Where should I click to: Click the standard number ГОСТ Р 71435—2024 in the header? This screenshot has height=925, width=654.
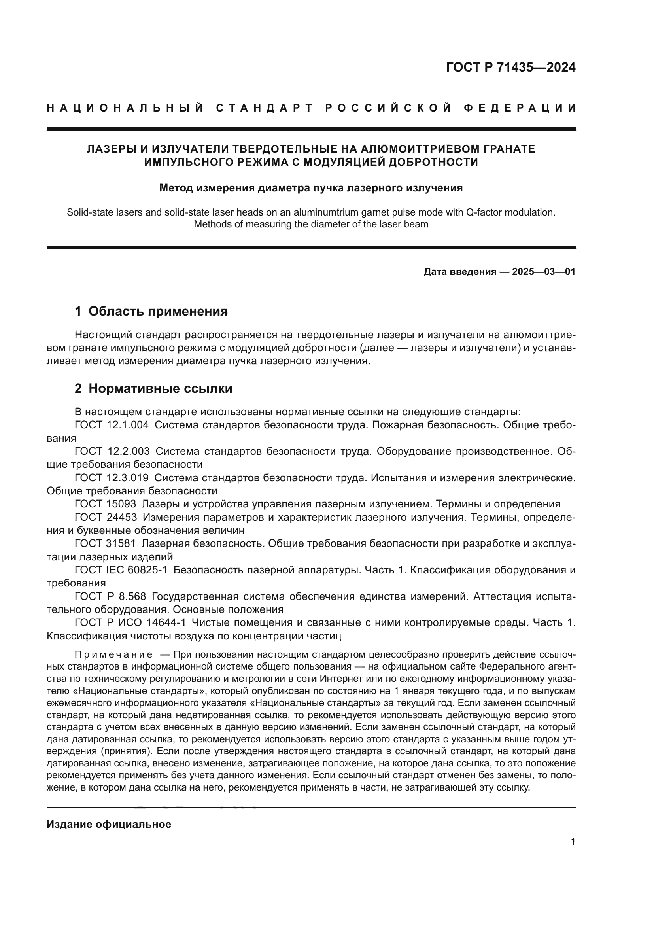(510, 67)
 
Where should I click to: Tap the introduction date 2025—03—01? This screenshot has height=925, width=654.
(544, 272)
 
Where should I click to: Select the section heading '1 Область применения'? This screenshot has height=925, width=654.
(151, 311)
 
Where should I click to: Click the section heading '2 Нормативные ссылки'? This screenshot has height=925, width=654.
(153, 388)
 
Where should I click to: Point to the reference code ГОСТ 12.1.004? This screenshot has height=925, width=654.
(112, 425)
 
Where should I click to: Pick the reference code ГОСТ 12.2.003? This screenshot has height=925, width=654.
(112, 451)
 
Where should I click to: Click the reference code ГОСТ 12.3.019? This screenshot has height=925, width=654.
(112, 478)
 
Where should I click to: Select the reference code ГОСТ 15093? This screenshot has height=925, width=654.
(105, 504)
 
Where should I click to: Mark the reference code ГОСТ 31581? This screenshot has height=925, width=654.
(105, 543)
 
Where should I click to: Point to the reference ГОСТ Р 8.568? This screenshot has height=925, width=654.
(110, 596)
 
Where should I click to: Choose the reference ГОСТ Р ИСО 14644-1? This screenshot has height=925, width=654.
(130, 622)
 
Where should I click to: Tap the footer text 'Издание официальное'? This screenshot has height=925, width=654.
(109, 824)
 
